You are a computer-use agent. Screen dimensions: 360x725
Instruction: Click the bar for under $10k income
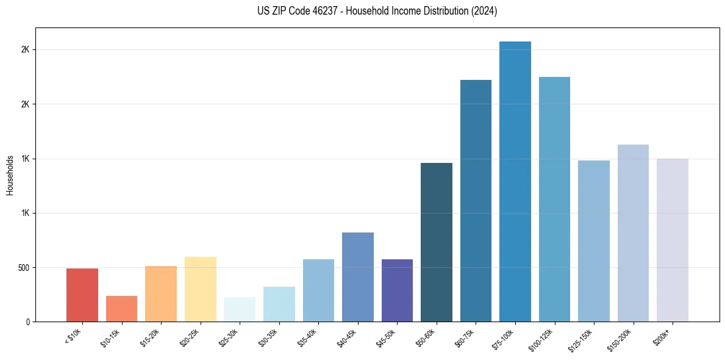point(82,295)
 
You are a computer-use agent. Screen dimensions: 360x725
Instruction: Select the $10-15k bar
point(121,309)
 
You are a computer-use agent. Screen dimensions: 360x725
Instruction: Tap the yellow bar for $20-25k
point(200,289)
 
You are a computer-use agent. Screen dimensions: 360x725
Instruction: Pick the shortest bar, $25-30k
point(240,309)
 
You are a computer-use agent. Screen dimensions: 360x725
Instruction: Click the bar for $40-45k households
point(357,277)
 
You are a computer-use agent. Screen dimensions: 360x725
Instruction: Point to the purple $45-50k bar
point(397,290)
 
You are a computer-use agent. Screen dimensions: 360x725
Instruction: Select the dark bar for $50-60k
point(437,242)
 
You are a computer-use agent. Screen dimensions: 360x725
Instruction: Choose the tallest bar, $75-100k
point(515,182)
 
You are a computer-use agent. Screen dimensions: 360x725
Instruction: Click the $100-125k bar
point(554,199)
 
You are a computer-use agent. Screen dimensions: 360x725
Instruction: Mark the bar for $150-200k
point(633,233)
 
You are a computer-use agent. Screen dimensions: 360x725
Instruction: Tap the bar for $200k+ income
point(673,240)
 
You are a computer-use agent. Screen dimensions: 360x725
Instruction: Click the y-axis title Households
point(10,175)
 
